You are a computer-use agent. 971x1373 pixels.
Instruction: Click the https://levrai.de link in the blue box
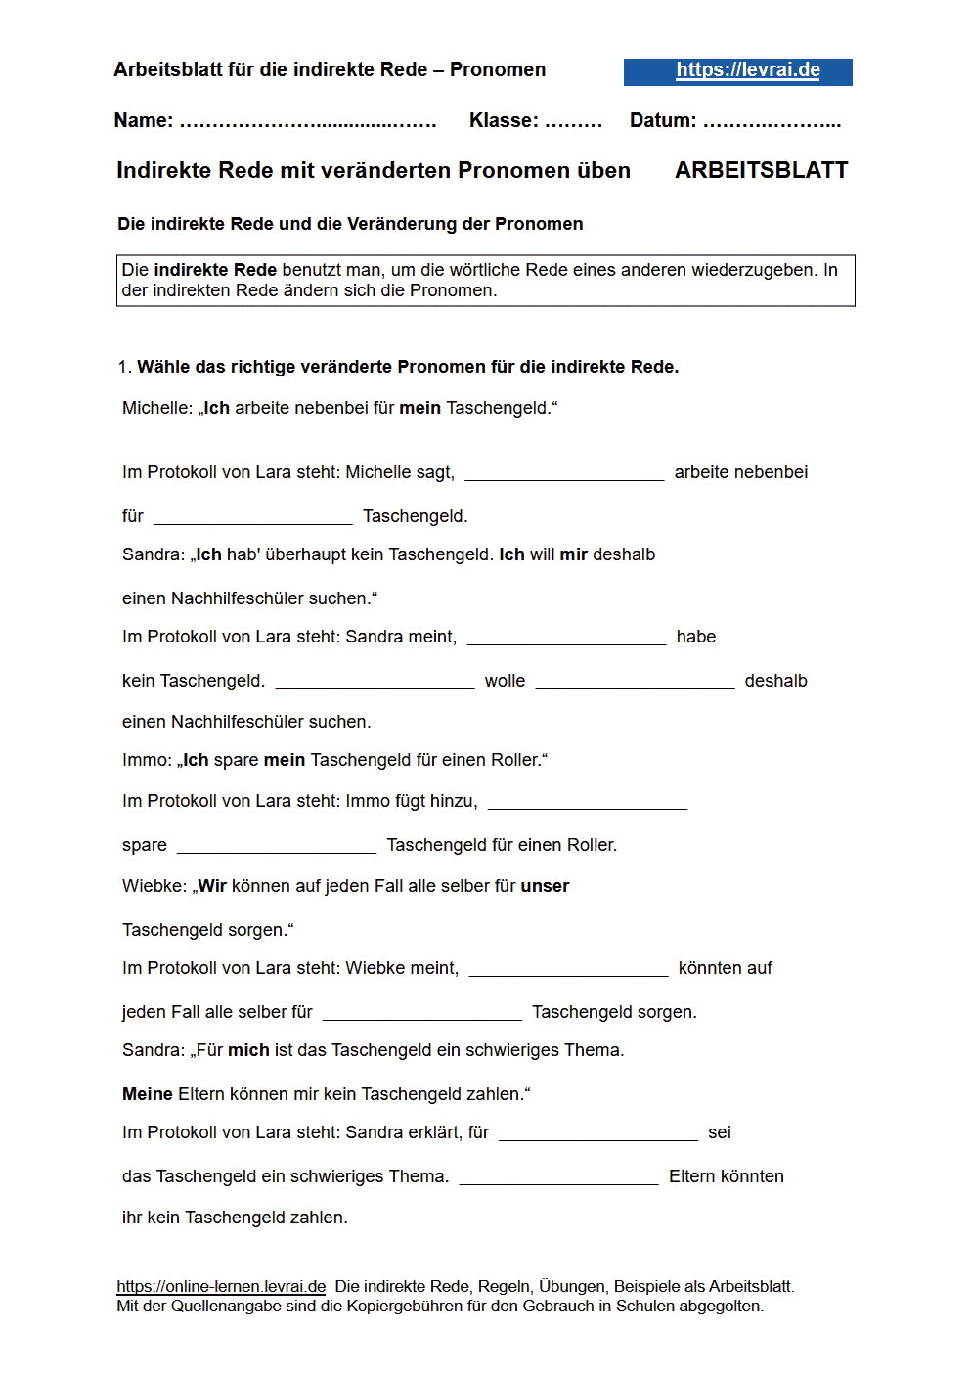(x=747, y=70)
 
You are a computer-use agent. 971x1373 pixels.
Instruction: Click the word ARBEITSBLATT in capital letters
(x=761, y=170)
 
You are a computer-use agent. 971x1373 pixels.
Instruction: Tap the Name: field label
(x=143, y=120)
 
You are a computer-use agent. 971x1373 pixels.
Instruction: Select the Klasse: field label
(x=503, y=120)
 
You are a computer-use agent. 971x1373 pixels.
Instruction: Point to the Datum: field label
(x=662, y=120)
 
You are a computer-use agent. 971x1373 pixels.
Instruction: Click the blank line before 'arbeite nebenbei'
(x=564, y=473)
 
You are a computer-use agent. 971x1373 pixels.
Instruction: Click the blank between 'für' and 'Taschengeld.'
(x=252, y=517)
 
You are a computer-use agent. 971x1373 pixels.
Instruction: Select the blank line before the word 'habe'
(x=566, y=638)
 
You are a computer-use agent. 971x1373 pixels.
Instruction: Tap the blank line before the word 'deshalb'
(x=635, y=682)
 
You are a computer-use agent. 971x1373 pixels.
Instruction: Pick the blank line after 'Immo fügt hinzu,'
(x=587, y=802)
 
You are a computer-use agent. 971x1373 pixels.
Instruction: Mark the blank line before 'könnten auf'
(x=568, y=969)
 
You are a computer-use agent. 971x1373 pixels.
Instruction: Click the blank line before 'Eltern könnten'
(x=558, y=1177)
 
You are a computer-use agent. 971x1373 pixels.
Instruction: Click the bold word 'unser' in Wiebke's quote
(x=545, y=886)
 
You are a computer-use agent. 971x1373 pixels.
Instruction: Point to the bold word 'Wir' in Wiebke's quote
(x=212, y=886)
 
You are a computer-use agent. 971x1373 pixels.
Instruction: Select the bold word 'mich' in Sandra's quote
(x=248, y=1050)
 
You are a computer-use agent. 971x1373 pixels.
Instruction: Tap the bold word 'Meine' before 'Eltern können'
(x=147, y=1094)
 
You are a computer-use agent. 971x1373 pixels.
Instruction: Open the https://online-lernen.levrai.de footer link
(x=221, y=1286)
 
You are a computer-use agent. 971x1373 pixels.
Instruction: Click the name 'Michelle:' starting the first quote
(x=156, y=408)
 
